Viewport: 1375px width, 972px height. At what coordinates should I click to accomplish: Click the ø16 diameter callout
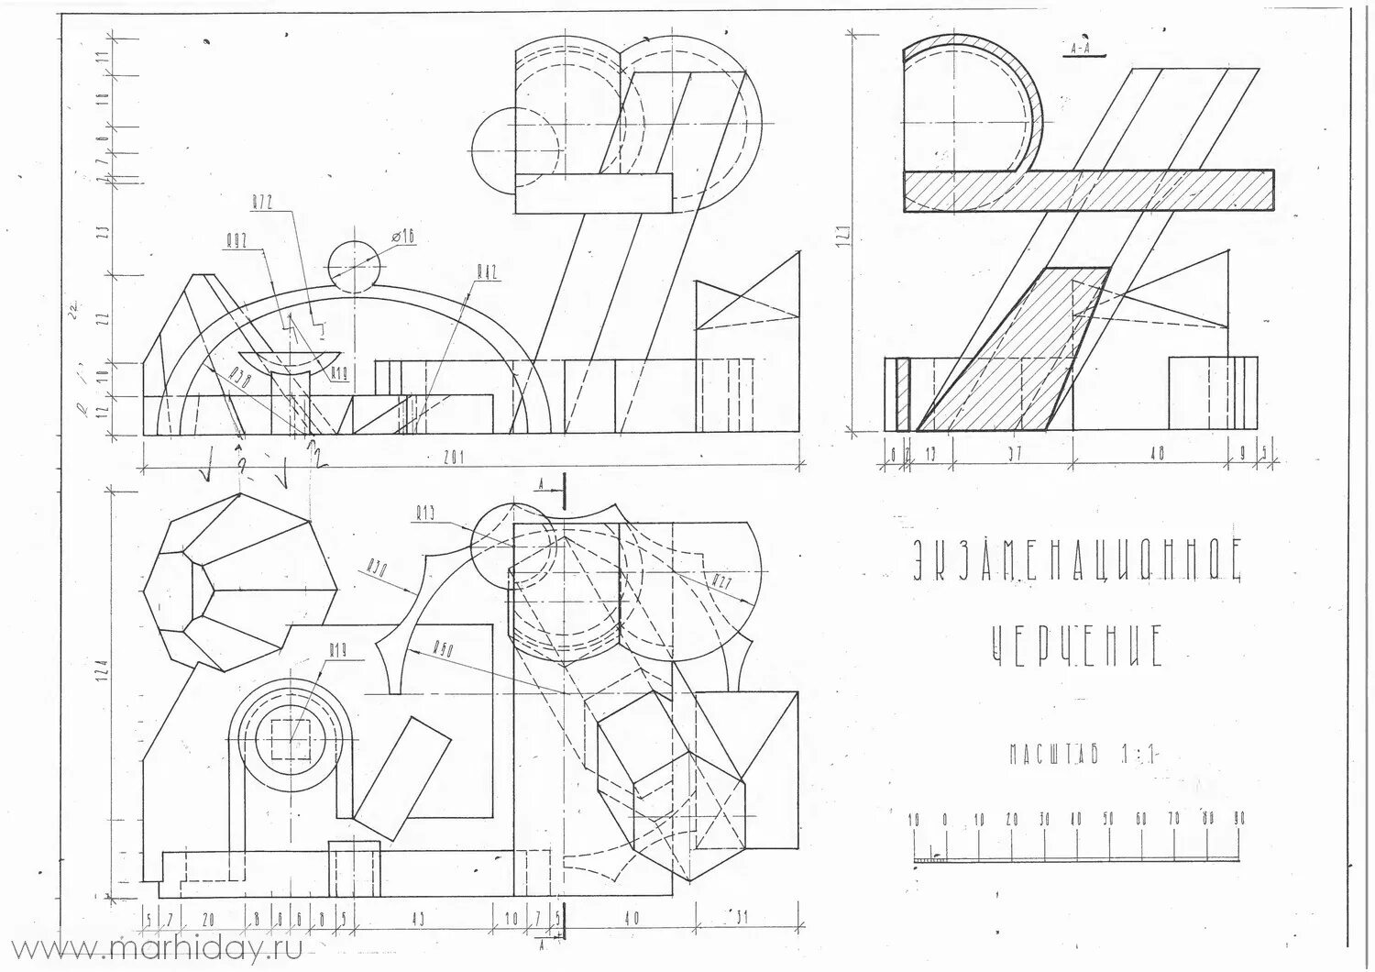404,237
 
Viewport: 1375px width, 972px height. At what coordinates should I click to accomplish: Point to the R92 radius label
237,242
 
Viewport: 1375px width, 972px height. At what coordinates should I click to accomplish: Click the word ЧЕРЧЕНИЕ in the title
1078,646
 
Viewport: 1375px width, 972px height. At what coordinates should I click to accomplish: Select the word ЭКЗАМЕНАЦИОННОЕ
1078,560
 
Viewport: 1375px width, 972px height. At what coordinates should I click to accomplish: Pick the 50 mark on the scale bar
1108,819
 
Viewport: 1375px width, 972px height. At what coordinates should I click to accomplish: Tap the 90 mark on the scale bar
1239,819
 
